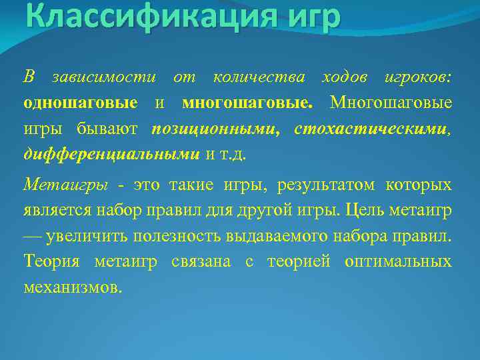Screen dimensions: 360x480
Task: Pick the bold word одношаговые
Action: (x=81, y=103)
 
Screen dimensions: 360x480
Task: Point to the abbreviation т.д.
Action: (x=235, y=154)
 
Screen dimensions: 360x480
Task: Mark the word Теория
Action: (x=51, y=261)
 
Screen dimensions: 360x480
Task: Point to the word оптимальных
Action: (x=398, y=261)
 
